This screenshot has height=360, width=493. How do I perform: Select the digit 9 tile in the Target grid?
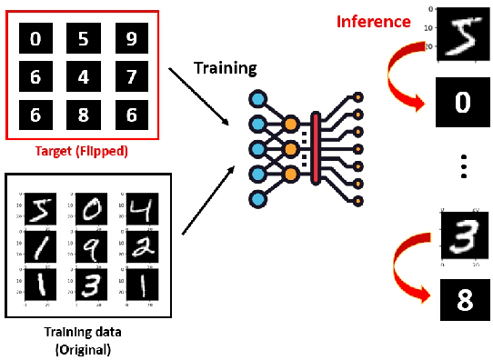pos(132,39)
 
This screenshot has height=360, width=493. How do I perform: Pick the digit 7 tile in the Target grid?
pos(132,77)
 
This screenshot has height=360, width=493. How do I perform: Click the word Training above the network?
pos(226,68)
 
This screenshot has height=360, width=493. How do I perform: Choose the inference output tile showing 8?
pos(462,300)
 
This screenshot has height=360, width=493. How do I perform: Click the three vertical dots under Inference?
pos(463,169)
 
